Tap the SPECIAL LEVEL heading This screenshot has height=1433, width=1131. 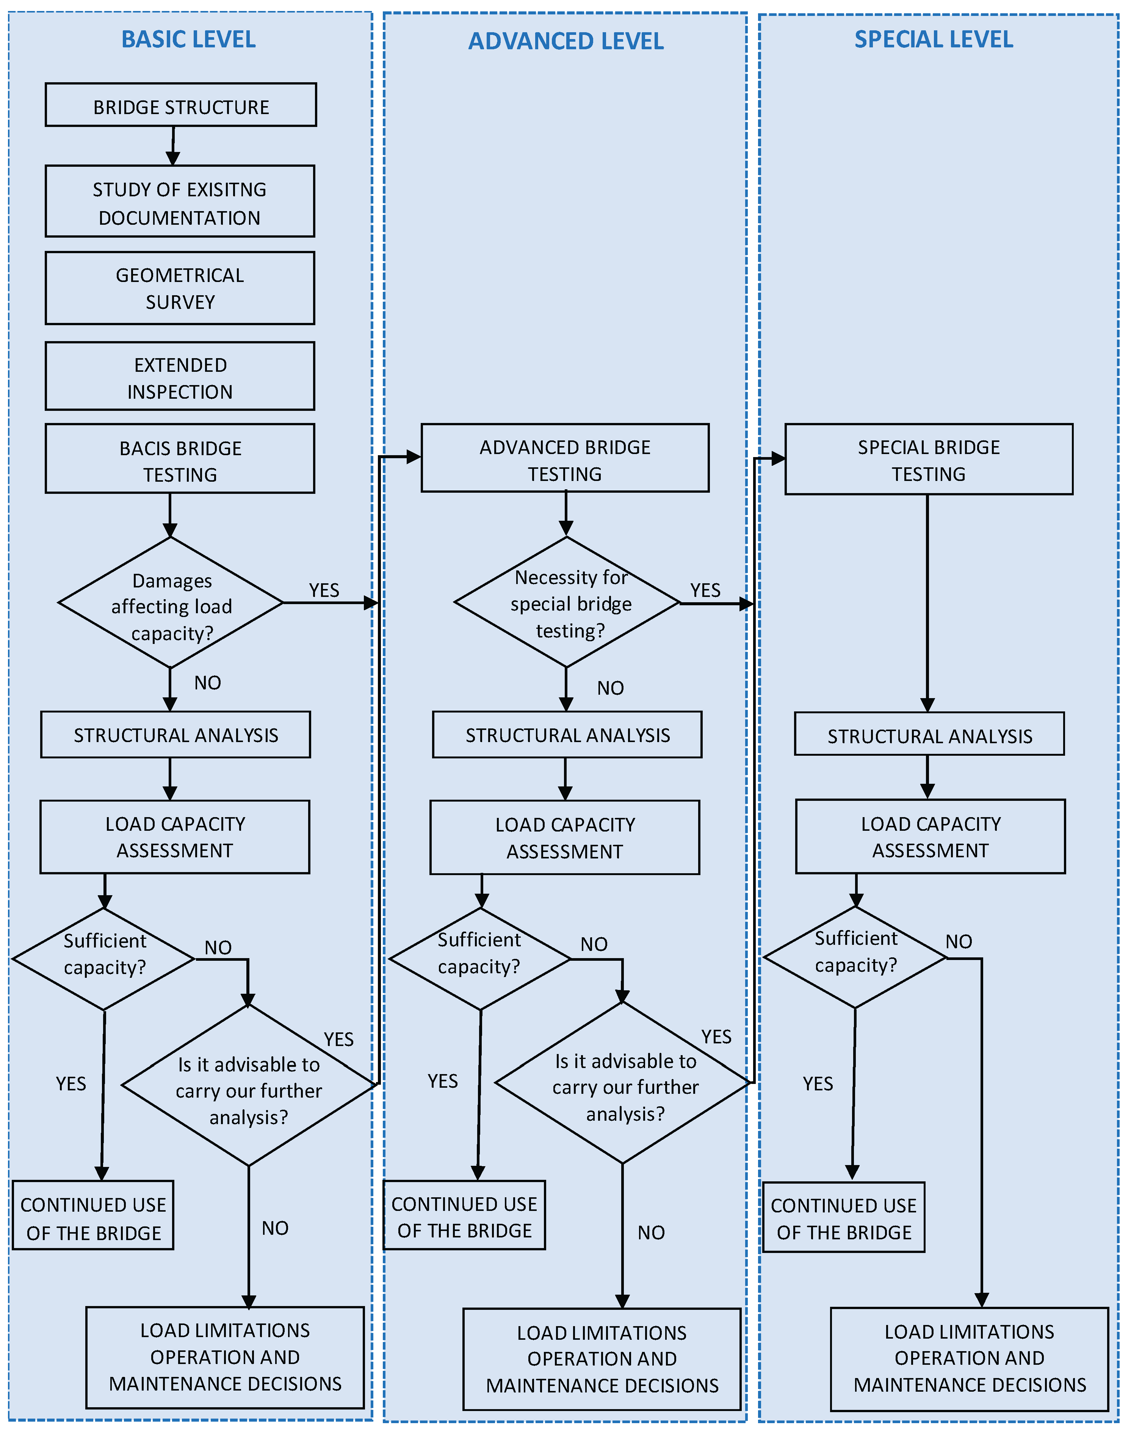(933, 40)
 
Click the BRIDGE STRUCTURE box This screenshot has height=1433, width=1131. (181, 105)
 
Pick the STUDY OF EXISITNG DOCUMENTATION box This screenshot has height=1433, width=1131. (179, 201)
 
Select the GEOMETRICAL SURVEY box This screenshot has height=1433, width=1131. (179, 288)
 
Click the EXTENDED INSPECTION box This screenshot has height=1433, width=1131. (179, 376)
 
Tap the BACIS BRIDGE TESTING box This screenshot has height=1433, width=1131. (179, 459)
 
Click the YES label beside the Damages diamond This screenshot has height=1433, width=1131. (324, 590)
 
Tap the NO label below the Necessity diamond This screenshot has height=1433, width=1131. (610, 688)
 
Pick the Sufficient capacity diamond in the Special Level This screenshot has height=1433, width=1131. (855, 957)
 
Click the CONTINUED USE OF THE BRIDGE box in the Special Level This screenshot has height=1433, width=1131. (844, 1217)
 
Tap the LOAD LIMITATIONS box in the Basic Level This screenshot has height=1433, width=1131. (225, 1358)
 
